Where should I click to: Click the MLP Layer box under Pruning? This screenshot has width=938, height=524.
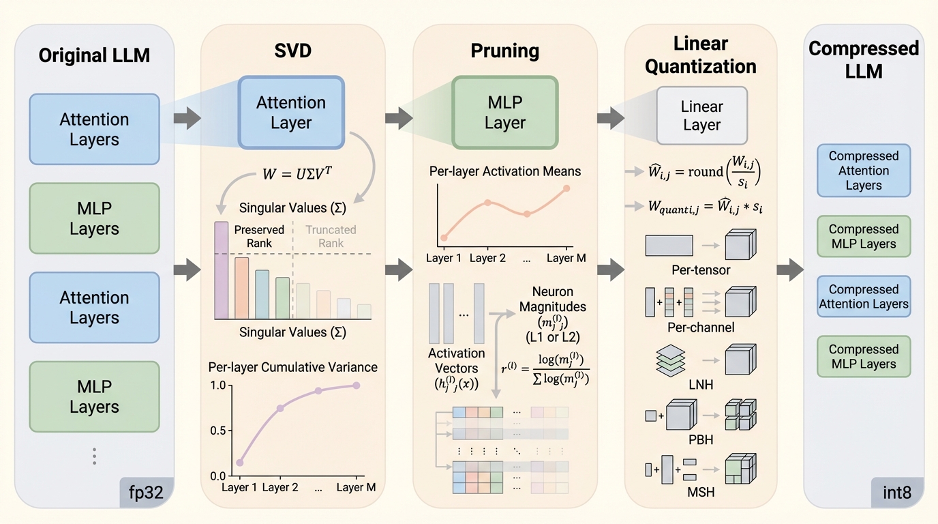(504, 113)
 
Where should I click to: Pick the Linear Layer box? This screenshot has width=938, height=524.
(701, 115)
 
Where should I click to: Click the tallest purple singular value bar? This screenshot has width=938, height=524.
(222, 270)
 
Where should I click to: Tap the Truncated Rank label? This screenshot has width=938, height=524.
(331, 237)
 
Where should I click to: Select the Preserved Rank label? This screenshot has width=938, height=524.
(258, 237)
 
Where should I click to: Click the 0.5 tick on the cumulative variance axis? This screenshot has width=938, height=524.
(217, 431)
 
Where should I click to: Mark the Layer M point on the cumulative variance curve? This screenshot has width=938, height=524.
(356, 385)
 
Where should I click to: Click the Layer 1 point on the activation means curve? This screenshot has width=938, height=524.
(444, 237)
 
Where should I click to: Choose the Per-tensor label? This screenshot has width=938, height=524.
(701, 270)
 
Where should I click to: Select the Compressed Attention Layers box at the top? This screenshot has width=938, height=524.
(863, 171)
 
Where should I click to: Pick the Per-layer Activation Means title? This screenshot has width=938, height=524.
(505, 171)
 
